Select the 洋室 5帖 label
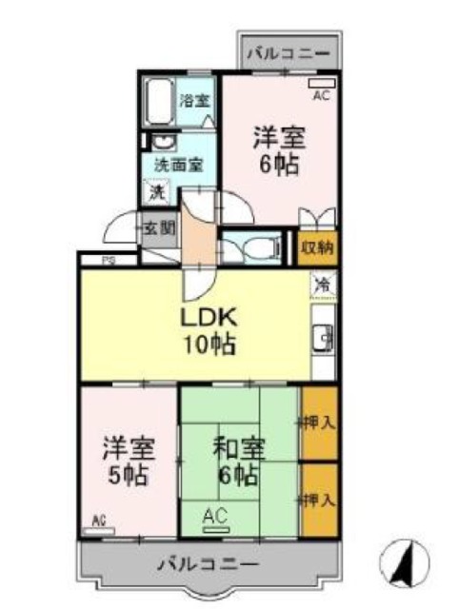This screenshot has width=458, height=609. (128, 461)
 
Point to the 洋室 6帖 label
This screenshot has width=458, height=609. (278, 149)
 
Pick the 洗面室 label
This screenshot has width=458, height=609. (179, 164)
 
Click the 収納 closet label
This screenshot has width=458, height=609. (317, 248)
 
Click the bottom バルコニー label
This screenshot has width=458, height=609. (208, 564)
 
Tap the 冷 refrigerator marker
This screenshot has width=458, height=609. (324, 283)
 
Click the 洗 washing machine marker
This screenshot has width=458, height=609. (154, 191)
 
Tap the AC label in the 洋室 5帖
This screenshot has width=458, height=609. (99, 520)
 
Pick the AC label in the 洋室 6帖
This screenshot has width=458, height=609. (321, 95)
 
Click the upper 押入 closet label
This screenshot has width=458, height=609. (319, 422)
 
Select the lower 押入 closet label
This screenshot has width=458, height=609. (319, 499)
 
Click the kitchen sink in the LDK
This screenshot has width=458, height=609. (324, 338)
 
